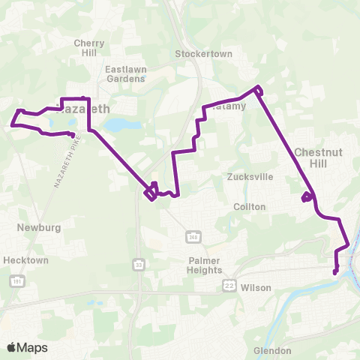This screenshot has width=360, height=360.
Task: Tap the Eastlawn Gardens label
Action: tap(126, 74)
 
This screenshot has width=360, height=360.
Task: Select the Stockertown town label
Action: tap(204, 54)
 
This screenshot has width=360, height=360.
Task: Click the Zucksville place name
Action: tap(250, 177)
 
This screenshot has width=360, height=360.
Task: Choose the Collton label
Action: tap(250, 206)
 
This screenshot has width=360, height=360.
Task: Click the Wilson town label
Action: tap(256, 286)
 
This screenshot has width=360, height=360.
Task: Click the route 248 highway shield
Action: tap(193, 237)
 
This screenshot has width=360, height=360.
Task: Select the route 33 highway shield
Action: tap(138, 265)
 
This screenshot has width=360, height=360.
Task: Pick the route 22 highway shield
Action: tap(229, 286)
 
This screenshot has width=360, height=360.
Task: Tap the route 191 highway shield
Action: tap(16, 280)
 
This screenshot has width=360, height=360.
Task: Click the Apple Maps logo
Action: tap(27, 347)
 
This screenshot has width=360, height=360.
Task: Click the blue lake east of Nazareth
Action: tap(118, 124)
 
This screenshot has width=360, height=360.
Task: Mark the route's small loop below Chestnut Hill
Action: tap(306, 198)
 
